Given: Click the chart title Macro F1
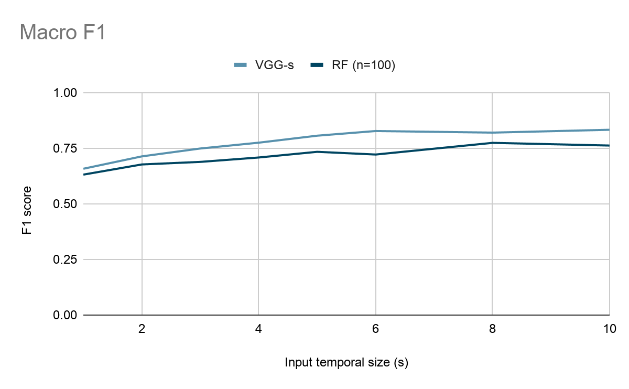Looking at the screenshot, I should [63, 33].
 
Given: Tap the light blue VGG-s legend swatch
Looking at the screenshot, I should [241, 65].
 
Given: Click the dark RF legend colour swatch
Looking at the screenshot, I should [318, 65].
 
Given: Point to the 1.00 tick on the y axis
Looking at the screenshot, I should [64, 93].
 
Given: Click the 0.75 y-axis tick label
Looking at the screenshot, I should [64, 148].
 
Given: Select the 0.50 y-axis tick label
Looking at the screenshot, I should [64, 204].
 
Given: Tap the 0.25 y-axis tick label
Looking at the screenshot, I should [64, 260].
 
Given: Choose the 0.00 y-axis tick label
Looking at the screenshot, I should [64, 315].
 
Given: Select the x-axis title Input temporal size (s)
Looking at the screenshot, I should [346, 363].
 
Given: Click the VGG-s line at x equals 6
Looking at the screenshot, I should [376, 131].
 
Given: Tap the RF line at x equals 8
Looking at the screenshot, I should [493, 143].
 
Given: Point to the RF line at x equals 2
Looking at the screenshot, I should [142, 164].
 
